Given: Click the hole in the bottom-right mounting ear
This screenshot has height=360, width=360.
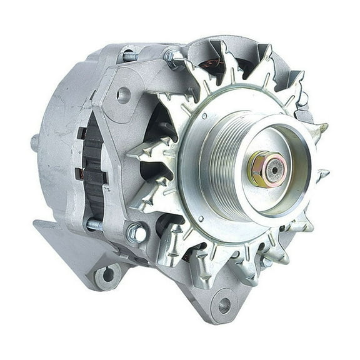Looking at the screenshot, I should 223,306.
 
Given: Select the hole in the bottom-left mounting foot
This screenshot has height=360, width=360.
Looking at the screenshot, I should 107,274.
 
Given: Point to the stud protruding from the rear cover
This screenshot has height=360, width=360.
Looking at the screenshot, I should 35,142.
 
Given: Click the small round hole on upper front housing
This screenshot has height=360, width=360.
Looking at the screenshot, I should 123,95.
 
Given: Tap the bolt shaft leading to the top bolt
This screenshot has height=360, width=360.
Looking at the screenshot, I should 131,56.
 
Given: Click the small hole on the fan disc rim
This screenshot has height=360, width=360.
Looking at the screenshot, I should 201,219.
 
